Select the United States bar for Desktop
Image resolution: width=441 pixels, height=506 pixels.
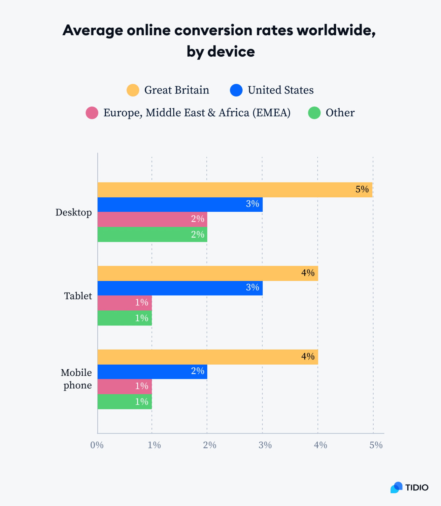coord(180,205)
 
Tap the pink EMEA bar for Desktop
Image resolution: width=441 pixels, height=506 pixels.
coord(152,219)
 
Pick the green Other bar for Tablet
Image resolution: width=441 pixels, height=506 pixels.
coord(124,318)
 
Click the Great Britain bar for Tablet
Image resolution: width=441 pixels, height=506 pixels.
coord(208,273)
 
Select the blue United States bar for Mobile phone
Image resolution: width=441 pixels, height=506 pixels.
coord(152,372)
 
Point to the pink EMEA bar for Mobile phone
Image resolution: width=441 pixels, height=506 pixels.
coord(124,386)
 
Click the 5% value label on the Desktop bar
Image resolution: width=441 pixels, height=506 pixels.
coord(362,189)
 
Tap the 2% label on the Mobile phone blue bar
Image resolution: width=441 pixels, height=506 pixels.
coord(197,371)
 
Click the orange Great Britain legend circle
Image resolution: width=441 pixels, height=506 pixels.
coord(133,90)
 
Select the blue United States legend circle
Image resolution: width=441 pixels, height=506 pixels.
coord(236,90)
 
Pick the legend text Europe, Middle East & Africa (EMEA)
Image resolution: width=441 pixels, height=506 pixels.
coord(197,113)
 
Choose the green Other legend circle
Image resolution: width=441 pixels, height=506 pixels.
coord(314,113)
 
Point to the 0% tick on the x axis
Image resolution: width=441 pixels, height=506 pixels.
coord(97,445)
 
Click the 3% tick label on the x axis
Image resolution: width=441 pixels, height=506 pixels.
coord(265,445)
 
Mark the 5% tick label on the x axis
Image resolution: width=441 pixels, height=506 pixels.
coord(376,445)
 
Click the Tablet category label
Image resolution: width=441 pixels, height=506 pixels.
coord(78,296)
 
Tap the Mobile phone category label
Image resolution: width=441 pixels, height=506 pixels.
coord(77,379)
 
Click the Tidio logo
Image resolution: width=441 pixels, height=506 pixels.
coord(409,487)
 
